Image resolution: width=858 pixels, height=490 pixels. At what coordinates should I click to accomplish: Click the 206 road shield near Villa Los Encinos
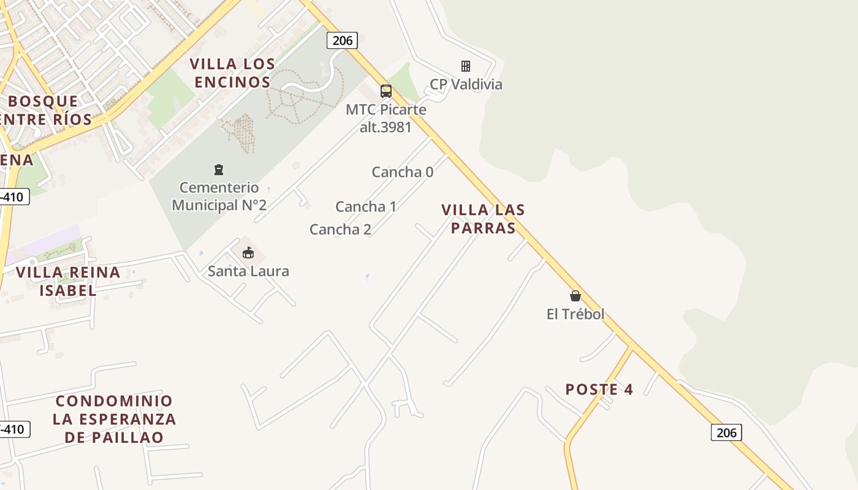pos(342,40)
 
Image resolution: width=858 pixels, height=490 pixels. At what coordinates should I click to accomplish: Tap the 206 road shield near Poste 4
pos(726,432)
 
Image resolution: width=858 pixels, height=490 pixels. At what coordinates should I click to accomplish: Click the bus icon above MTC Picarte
pos(385,91)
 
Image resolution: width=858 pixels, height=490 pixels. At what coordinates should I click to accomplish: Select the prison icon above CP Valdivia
pos(466,66)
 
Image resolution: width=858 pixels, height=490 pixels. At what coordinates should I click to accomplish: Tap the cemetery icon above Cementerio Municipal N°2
pos(219,170)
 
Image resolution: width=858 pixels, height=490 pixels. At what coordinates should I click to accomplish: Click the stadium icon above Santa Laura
pos(248,252)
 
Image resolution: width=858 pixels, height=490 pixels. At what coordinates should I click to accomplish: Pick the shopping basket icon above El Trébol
pos(575,296)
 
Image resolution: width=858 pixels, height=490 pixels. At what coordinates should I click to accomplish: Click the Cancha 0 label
pos(403,172)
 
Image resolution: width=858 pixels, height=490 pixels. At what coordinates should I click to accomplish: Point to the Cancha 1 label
pos(366,206)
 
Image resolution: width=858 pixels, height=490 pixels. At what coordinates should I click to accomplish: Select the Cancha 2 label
pos(340,230)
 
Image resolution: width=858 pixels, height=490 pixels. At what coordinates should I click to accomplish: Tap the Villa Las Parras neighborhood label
pos(483,219)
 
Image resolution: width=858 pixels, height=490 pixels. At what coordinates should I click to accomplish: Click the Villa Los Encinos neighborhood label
pos(232,73)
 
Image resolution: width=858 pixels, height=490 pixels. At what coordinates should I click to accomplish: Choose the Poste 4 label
pos(599,390)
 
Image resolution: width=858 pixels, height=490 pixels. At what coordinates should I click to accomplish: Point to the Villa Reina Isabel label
pos(68,281)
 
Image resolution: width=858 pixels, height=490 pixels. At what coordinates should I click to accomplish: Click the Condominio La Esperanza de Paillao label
pos(114,419)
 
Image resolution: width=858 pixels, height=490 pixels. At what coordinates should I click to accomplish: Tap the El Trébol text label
pos(575,314)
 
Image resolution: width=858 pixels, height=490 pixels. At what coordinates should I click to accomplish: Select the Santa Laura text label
pos(248,271)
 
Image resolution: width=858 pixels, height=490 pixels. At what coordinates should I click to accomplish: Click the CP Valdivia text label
pos(466,85)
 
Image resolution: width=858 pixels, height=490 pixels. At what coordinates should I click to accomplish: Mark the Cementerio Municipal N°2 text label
pos(219,196)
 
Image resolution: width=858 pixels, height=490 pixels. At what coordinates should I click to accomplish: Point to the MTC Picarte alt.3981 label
pos(386,118)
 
